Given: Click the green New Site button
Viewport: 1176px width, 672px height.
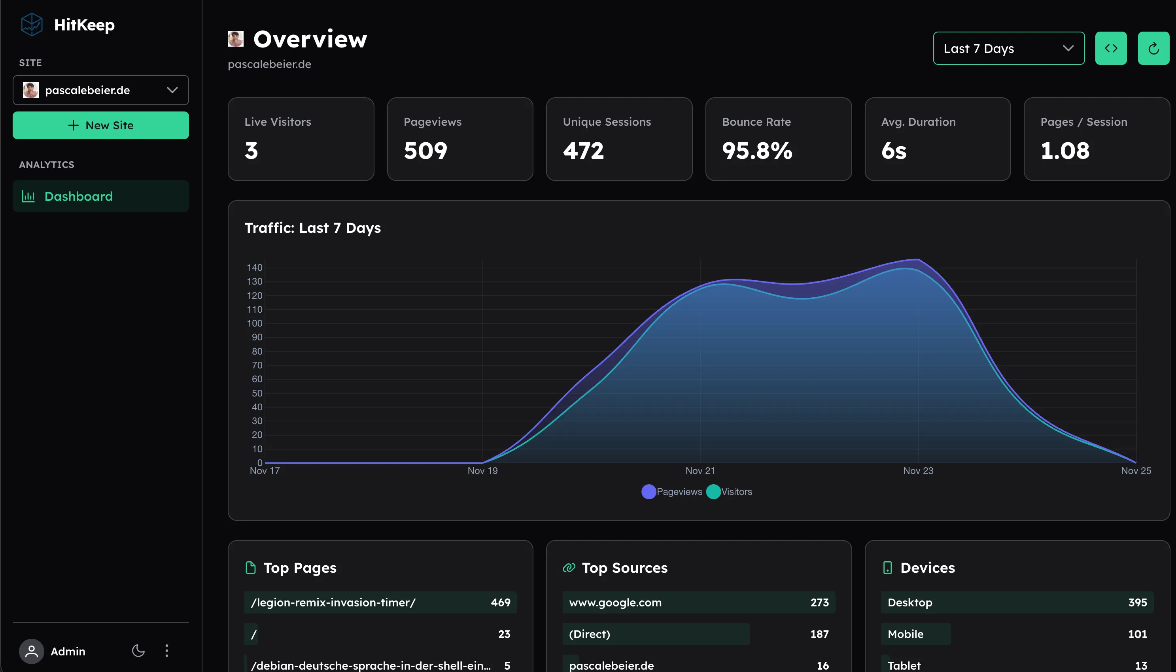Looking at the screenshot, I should (100, 125).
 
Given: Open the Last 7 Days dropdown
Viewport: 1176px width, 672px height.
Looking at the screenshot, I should (1008, 49).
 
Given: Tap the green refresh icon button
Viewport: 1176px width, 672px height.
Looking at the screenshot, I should (1153, 49).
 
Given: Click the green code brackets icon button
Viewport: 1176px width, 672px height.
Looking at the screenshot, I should (1110, 49).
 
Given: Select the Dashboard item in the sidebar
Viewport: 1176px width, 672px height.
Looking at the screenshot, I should (100, 196).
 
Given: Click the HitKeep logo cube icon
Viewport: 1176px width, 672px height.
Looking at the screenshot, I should (32, 25).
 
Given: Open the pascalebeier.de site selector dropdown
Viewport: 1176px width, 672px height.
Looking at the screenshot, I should (100, 90).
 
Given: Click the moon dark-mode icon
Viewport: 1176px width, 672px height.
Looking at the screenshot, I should (138, 651).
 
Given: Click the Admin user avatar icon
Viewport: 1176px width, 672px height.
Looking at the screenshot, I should (31, 651).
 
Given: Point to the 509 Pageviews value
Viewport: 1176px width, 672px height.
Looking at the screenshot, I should (425, 151).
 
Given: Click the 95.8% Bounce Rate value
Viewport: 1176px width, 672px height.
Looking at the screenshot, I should (757, 151).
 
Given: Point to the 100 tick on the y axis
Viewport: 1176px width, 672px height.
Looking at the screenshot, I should (254, 323).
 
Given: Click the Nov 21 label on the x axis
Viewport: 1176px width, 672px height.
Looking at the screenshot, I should (700, 471).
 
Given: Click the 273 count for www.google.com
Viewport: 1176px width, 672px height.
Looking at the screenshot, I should (819, 602).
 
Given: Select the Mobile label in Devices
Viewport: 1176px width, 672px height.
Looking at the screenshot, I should (905, 634).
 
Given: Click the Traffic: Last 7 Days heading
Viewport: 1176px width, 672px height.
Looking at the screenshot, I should (312, 228).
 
